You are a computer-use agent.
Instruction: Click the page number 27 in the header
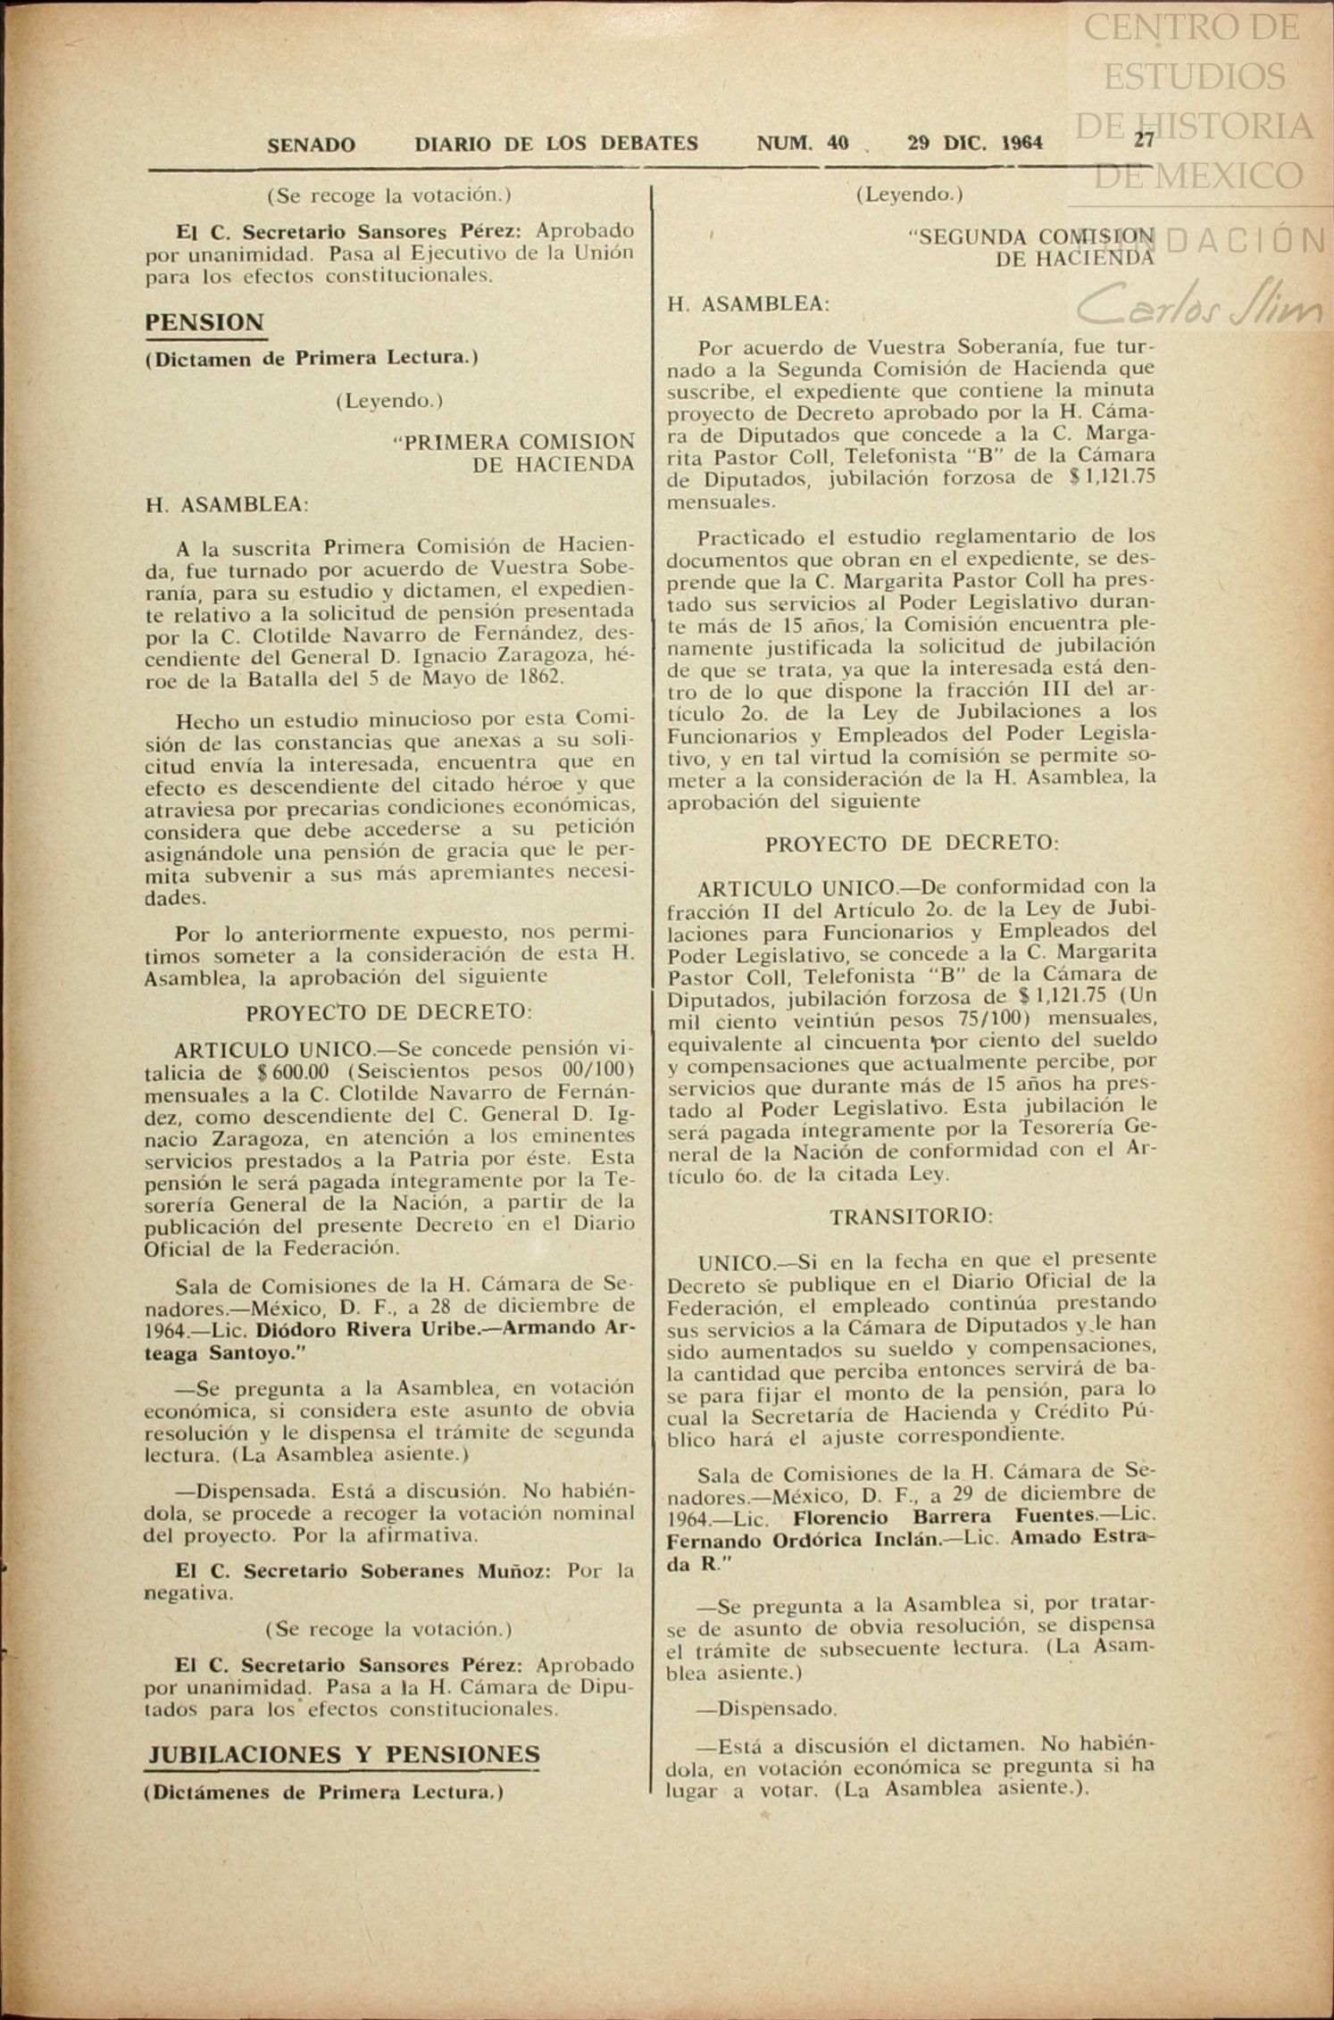tap(1144, 140)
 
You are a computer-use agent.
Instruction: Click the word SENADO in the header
tap(311, 145)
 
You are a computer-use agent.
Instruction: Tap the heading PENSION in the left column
tap(204, 322)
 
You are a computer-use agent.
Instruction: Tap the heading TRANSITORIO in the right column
tap(911, 1216)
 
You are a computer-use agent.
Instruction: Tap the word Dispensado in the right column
tap(777, 1708)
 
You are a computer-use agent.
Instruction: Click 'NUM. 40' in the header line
tap(803, 143)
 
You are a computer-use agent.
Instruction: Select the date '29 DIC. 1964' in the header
tap(974, 143)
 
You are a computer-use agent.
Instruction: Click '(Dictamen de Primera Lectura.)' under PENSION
tap(312, 359)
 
